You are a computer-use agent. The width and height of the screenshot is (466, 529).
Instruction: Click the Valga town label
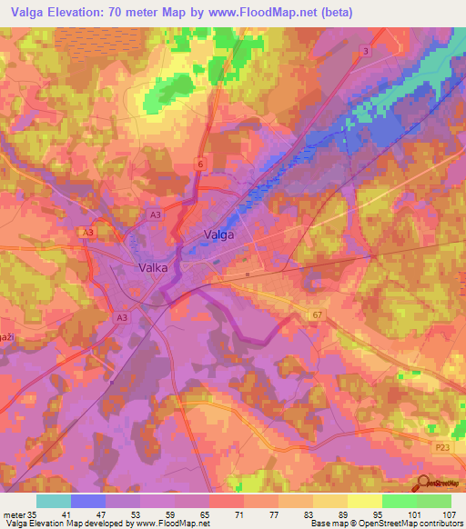[x=218, y=235]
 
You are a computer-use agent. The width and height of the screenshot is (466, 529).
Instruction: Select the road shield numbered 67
[x=318, y=314]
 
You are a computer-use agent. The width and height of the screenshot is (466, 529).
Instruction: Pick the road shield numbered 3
[x=366, y=51]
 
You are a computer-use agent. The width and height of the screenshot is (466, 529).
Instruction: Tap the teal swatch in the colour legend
[x=54, y=501]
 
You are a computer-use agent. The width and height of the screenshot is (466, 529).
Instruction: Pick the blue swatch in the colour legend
[x=88, y=501]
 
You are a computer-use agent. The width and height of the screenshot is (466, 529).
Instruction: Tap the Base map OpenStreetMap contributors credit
[x=385, y=524]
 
